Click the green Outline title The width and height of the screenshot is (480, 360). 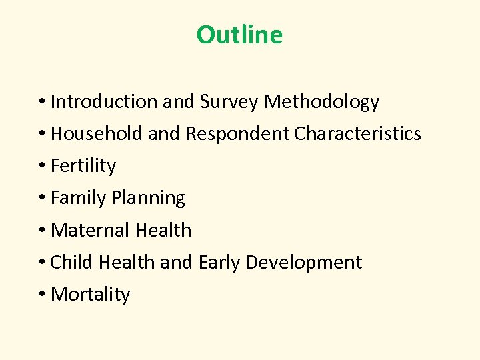tap(239, 35)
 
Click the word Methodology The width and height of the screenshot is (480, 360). tap(322, 102)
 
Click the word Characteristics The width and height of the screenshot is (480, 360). tap(357, 133)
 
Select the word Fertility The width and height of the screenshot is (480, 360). tap(83, 166)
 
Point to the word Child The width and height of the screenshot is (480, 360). tap(72, 262)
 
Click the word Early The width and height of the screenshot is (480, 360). tap(219, 263)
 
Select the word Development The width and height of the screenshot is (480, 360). tap(303, 263)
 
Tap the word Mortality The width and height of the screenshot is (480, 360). tap(90, 294)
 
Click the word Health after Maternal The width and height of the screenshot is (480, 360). tap(163, 230)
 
